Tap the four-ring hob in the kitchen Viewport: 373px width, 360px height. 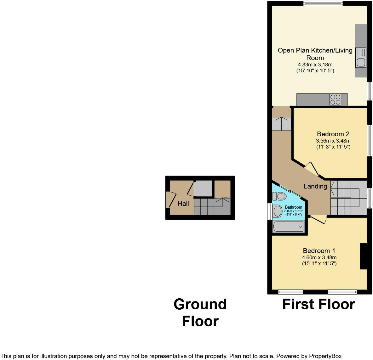tap(335, 99)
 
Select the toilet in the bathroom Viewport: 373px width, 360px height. tap(279, 196)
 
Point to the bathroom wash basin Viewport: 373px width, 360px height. tap(277, 211)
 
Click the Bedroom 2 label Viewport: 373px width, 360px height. tap(333, 134)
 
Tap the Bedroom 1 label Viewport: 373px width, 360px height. tap(319, 251)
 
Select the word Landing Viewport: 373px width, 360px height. tap(315, 186)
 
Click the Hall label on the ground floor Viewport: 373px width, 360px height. tap(183, 203)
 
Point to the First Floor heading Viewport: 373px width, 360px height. tap(318, 304)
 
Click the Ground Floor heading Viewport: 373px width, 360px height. tap(200, 313)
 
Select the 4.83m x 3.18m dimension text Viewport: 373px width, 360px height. tap(315, 65)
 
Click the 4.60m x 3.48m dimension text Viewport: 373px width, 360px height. tap(319, 257)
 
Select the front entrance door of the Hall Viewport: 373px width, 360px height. tap(171, 200)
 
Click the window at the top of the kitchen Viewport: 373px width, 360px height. tap(323, 3)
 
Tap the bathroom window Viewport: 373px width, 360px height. tap(270, 211)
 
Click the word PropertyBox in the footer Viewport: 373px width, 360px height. tap(325, 356)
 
